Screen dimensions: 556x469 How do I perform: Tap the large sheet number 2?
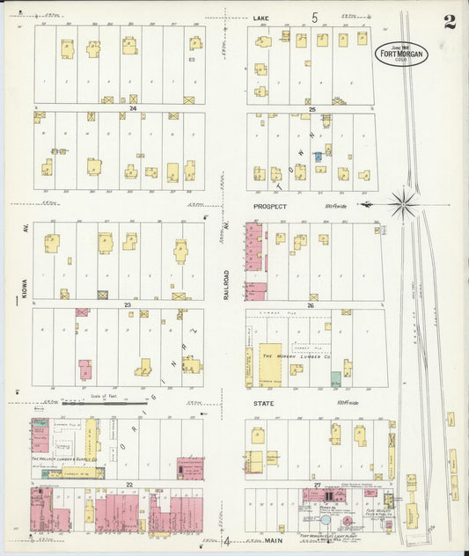coord(450,23)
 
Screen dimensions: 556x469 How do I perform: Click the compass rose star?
coord(404,203)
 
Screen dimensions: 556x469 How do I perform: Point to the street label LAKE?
coord(261,18)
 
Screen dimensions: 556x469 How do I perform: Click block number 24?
coord(133,108)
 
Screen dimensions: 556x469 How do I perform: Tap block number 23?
coord(128,304)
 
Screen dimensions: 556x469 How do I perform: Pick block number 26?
coord(311,305)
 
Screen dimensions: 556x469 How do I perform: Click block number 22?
coord(128,485)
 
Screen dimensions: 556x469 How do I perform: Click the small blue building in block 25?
coord(319,156)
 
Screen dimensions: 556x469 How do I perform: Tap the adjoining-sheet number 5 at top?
coord(314,17)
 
